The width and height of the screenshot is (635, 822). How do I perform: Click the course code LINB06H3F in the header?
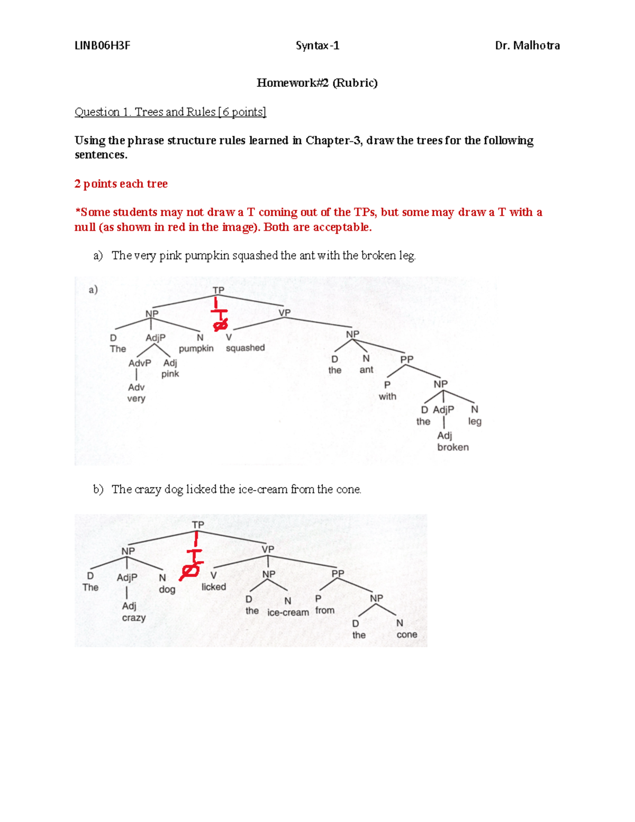pos(102,46)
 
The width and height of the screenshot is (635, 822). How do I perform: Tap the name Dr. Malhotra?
pos(527,46)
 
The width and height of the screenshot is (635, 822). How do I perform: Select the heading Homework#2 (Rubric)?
pos(317,83)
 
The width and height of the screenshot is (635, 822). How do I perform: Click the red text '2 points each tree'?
pos(121,184)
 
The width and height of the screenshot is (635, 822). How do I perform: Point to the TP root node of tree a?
pos(219,290)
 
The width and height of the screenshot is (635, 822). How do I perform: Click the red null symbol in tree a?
pos(220,324)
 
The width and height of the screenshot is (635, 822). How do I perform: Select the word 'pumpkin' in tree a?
pos(196,348)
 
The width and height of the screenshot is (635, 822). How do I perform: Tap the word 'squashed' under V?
pos(245,348)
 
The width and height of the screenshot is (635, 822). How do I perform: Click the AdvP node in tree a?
pos(140,363)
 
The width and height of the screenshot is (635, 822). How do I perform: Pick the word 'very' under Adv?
pos(136,398)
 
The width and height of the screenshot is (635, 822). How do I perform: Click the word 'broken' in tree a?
pos(453,447)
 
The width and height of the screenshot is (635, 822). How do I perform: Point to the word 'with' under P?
pos(387,396)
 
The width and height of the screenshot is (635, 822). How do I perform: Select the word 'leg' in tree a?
pos(475,421)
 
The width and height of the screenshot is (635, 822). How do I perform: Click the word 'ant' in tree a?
pos(366,370)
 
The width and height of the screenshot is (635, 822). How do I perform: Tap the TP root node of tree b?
pos(198,525)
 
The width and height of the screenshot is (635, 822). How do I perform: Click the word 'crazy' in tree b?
pos(134,618)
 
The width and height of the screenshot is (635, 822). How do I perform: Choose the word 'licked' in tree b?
pos(214,587)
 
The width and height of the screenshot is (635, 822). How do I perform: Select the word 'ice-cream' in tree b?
pos(288,612)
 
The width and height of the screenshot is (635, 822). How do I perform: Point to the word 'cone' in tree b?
pos(407,635)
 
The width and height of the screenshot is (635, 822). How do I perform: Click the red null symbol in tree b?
pos(190,571)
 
